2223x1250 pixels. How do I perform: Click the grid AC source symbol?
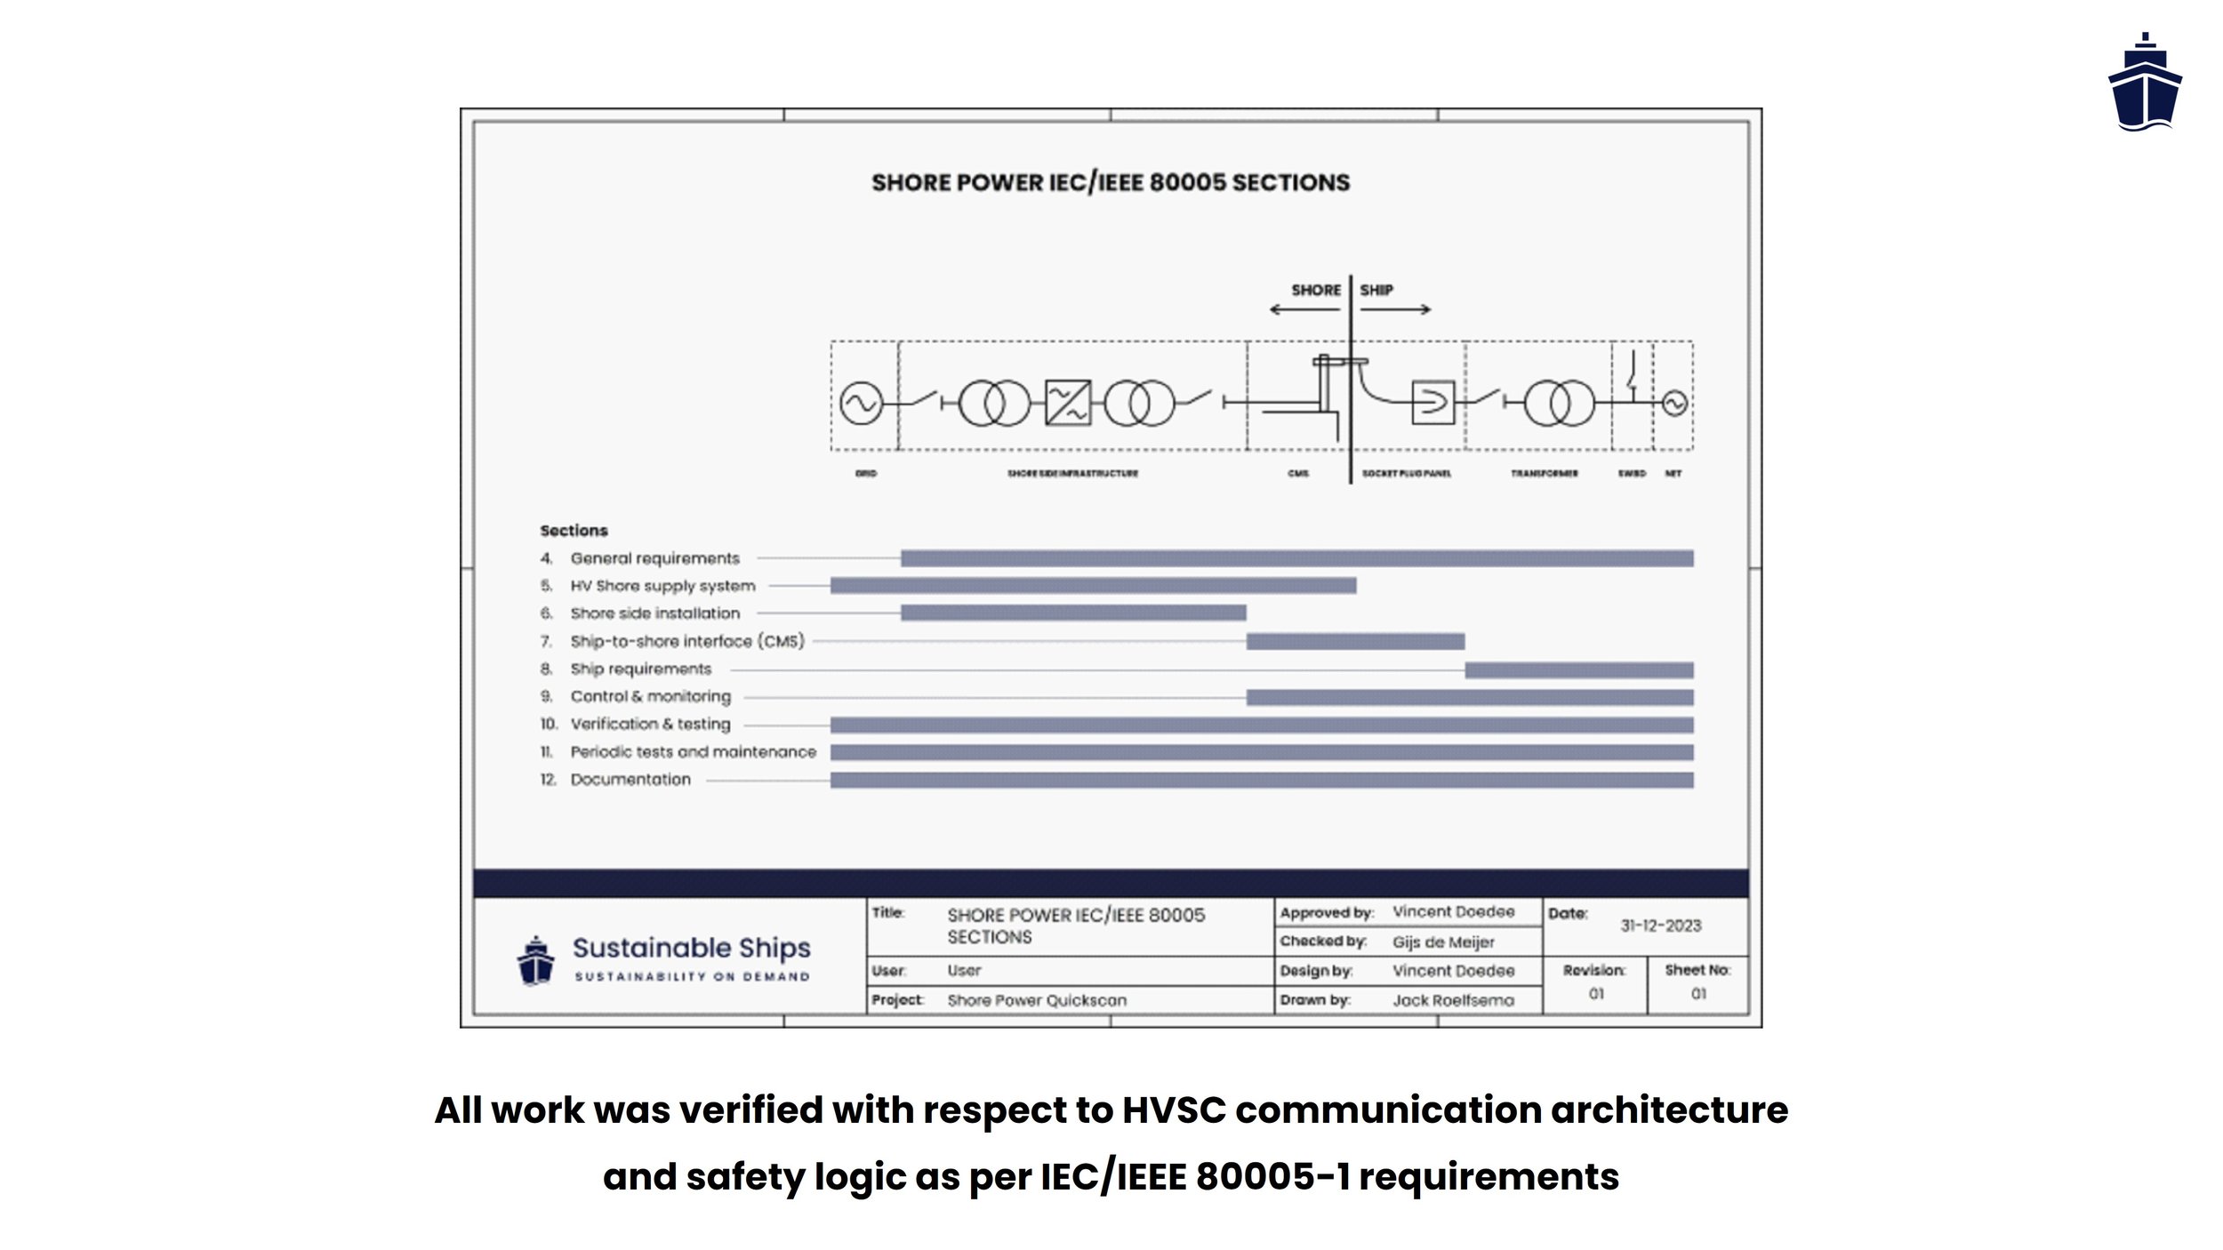point(861,404)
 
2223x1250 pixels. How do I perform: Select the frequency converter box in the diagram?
point(1067,403)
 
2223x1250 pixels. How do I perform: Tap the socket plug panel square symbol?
point(1433,403)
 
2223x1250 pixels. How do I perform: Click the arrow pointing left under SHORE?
point(1304,309)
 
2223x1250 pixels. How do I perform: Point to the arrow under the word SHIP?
point(1396,309)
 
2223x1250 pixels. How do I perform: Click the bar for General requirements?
point(1296,558)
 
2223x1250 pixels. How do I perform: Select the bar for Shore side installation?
point(1073,613)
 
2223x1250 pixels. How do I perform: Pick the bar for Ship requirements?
point(1578,669)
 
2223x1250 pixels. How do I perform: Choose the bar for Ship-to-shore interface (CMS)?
point(1354,641)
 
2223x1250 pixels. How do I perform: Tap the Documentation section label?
point(630,780)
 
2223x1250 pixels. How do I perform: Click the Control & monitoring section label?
point(650,696)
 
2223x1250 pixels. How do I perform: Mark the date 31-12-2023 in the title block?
point(1660,925)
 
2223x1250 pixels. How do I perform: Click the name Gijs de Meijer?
point(1442,942)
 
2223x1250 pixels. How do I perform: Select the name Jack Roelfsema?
point(1453,1000)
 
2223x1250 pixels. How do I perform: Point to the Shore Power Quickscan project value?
point(1037,1000)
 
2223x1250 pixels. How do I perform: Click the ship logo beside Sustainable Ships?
point(535,960)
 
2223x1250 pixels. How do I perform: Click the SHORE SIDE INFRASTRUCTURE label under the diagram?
point(1072,474)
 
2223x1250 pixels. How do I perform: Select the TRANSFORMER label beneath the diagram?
point(1544,474)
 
